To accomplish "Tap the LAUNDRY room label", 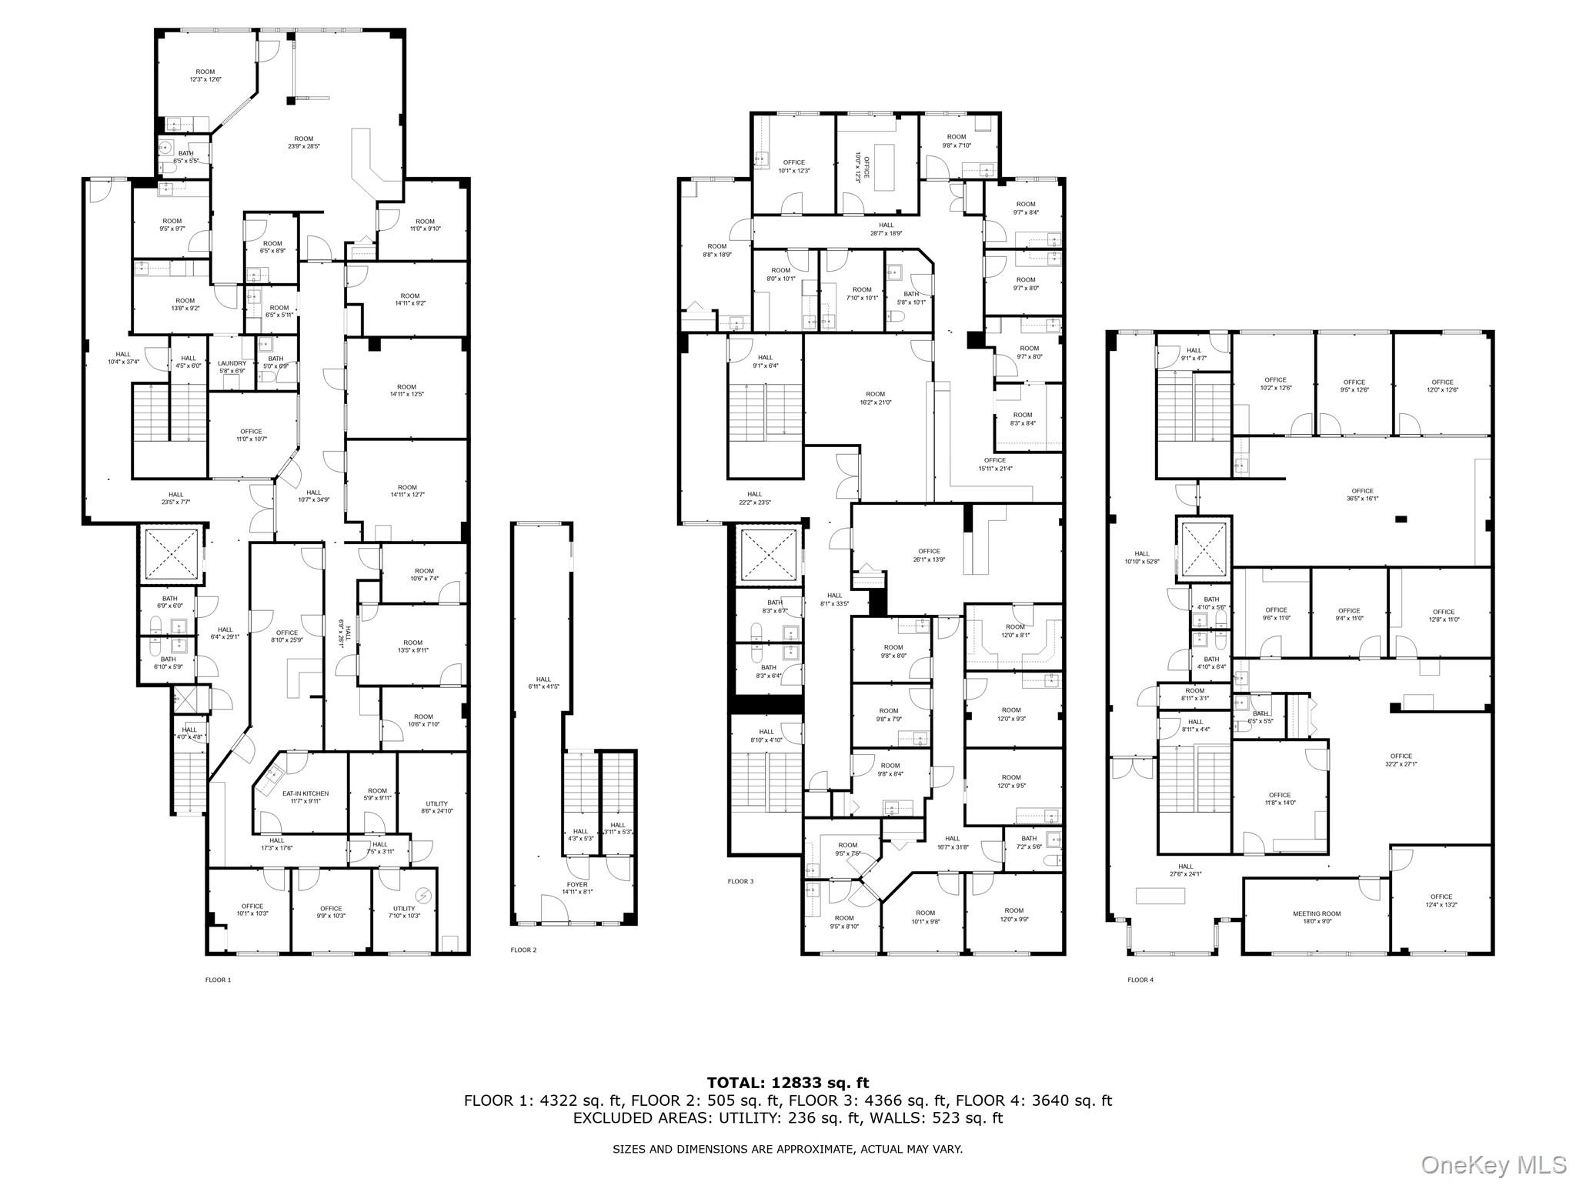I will click(x=232, y=363).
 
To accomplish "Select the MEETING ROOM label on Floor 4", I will click(x=1317, y=913).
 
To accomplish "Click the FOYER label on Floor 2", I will click(x=576, y=884).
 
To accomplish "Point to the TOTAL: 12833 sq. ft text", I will click(x=787, y=1083).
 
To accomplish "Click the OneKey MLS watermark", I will click(x=1493, y=1164).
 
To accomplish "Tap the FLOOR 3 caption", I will click(x=740, y=881).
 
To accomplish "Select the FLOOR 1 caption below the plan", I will click(x=218, y=980).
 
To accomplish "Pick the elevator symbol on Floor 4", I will click(x=1204, y=548).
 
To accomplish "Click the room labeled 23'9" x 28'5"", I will click(x=304, y=142).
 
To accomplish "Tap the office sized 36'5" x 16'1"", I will click(x=1362, y=494).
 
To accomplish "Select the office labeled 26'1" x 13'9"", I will click(x=929, y=555).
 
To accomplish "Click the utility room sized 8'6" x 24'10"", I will click(x=436, y=806).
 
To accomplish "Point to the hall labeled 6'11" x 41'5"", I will click(x=543, y=683).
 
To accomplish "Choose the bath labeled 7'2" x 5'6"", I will click(x=1029, y=842).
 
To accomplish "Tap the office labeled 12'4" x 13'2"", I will click(x=1441, y=900).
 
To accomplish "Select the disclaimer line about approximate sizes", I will click(x=787, y=1149).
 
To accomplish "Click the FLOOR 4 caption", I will click(x=1140, y=980).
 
